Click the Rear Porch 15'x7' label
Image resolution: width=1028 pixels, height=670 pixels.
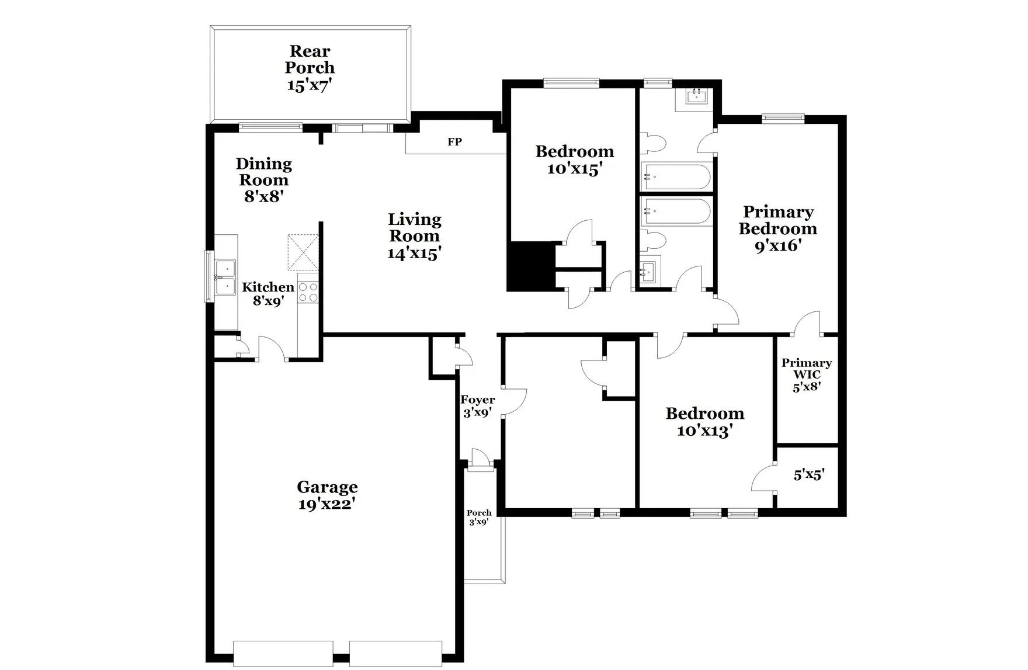[310, 68]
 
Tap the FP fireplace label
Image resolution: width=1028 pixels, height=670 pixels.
[454, 142]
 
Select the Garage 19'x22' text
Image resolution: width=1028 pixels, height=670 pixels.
[327, 495]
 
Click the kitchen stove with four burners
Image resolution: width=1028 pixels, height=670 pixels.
[308, 292]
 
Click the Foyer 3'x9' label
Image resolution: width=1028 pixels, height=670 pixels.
[477, 406]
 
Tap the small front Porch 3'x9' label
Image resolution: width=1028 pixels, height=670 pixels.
[478, 518]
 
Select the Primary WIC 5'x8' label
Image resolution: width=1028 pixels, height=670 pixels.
[807, 374]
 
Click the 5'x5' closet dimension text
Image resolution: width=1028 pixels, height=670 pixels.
[808, 475]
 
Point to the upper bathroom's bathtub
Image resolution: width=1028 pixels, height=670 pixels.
[676, 176]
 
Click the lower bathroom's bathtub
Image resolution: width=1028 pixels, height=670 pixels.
[676, 211]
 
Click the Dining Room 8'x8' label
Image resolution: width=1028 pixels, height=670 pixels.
[263, 180]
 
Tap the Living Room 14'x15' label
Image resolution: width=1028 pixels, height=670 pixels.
[414, 236]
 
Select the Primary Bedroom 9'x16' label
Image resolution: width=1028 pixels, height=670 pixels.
[777, 228]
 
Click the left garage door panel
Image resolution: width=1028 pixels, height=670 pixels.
[283, 653]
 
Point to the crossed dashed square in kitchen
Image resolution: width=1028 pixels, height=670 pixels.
[303, 252]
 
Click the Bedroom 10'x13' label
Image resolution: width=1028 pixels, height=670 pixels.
[704, 422]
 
